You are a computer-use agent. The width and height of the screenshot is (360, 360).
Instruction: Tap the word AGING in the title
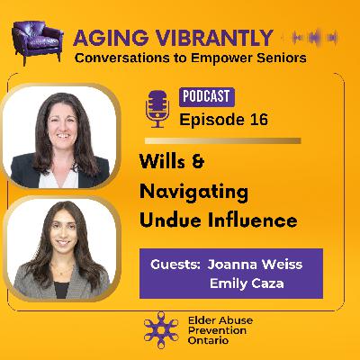point(103,38)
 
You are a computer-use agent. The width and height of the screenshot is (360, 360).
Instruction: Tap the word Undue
point(166,221)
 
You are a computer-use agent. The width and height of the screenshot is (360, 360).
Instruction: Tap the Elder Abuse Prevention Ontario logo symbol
point(161,329)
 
